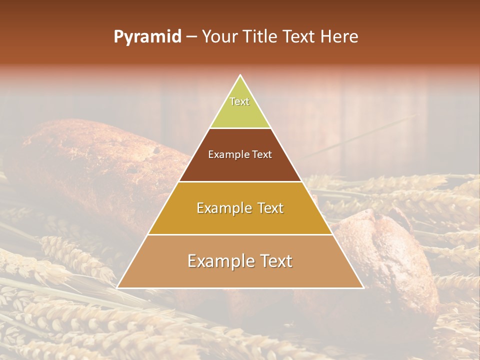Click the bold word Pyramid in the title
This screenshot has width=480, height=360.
(x=147, y=36)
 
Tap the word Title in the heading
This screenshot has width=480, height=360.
(x=261, y=36)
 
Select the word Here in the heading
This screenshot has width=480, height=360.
(x=339, y=36)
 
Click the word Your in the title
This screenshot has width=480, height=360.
(x=220, y=36)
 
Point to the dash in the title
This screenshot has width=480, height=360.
(x=191, y=37)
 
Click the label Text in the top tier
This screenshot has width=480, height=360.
(x=239, y=101)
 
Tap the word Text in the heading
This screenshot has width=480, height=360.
(x=299, y=36)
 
